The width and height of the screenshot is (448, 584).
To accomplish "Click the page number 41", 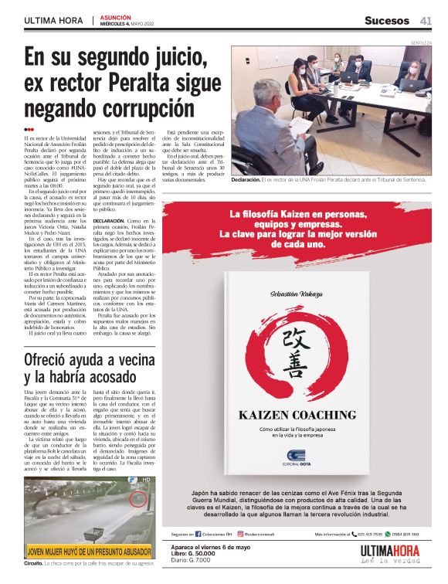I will coord(426,20).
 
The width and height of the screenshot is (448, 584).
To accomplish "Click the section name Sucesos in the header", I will coord(386,20).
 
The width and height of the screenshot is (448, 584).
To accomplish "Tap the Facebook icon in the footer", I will coord(199,534).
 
